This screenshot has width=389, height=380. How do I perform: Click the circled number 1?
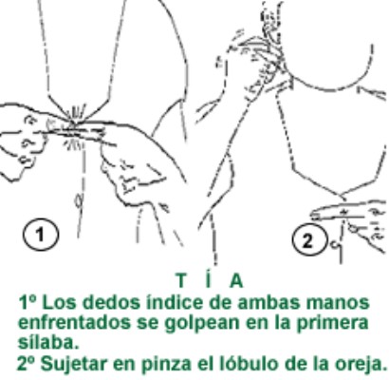tap(41, 235)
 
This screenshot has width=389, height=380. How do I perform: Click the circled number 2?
tap(308, 241)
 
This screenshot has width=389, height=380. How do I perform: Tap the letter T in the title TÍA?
tap(181, 280)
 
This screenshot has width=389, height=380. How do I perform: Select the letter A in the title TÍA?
tap(236, 280)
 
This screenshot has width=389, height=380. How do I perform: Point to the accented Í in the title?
tap(208, 279)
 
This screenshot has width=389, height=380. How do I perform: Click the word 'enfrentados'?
tap(74, 323)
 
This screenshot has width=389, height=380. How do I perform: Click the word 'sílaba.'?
tap(48, 343)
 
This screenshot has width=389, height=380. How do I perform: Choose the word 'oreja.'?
tap(360, 365)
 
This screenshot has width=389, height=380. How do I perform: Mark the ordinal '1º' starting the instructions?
tap(28, 302)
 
